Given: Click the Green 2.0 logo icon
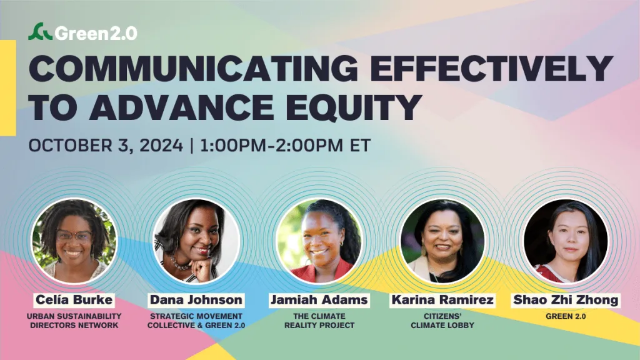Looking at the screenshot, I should pos(41,32).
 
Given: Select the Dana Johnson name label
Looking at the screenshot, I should pos(196,300).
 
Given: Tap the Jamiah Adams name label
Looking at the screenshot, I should pos(319,300).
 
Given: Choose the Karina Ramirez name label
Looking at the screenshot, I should pos(442,300).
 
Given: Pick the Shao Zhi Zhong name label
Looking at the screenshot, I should pos(566,300).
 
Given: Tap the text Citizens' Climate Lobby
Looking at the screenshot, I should pos(442,321).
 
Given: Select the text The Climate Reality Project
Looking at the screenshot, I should pos(319,321).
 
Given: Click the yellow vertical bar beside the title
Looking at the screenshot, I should pos(7,87).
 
